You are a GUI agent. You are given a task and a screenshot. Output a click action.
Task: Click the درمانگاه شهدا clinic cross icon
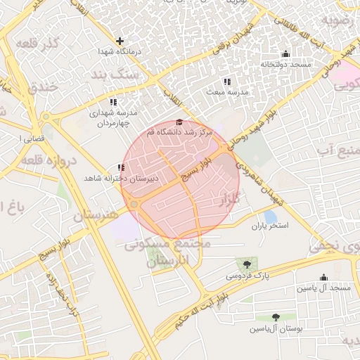[x=120, y=41]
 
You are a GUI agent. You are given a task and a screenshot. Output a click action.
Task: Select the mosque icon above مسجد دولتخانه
[x=285, y=54]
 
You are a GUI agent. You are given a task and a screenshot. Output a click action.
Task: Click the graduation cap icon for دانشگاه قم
[x=179, y=122]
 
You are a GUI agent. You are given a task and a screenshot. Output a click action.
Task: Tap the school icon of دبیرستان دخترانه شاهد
[x=121, y=167]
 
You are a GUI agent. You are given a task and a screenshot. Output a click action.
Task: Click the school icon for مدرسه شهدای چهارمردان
[x=113, y=101]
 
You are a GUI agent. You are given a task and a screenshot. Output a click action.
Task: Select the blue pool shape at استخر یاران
[x=270, y=217]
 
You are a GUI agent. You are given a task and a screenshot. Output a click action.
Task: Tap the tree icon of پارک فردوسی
[x=246, y=264]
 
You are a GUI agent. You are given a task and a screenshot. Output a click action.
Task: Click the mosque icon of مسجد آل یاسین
[x=323, y=278]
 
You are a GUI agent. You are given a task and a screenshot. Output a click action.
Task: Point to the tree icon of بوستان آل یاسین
[x=275, y=318]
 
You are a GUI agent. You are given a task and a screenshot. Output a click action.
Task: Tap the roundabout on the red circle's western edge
[x=133, y=205]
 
